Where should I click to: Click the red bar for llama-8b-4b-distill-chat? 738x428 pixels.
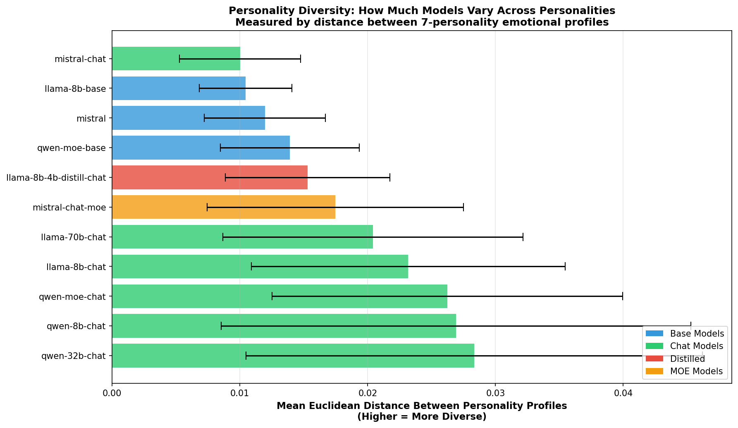tap(210, 177)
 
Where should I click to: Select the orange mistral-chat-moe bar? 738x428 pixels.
tap(223, 207)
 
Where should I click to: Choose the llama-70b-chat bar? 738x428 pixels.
tap(242, 237)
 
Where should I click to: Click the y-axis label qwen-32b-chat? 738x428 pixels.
tap(74, 356)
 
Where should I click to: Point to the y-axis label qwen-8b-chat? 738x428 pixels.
tap(76, 326)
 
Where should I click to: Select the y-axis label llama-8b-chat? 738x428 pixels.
tap(76, 267)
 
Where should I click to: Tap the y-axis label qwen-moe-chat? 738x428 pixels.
tap(72, 296)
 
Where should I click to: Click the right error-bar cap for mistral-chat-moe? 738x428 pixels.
tap(463, 207)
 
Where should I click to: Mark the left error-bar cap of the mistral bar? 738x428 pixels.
tap(204, 118)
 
